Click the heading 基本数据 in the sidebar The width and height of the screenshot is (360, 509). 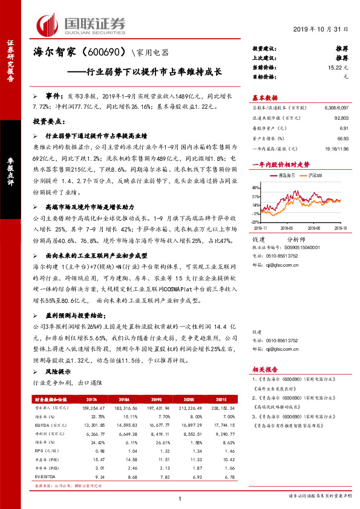264,97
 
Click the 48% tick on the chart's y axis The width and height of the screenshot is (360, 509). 256,189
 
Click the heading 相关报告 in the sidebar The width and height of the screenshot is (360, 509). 264,369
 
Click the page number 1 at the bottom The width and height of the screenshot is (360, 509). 180,498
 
